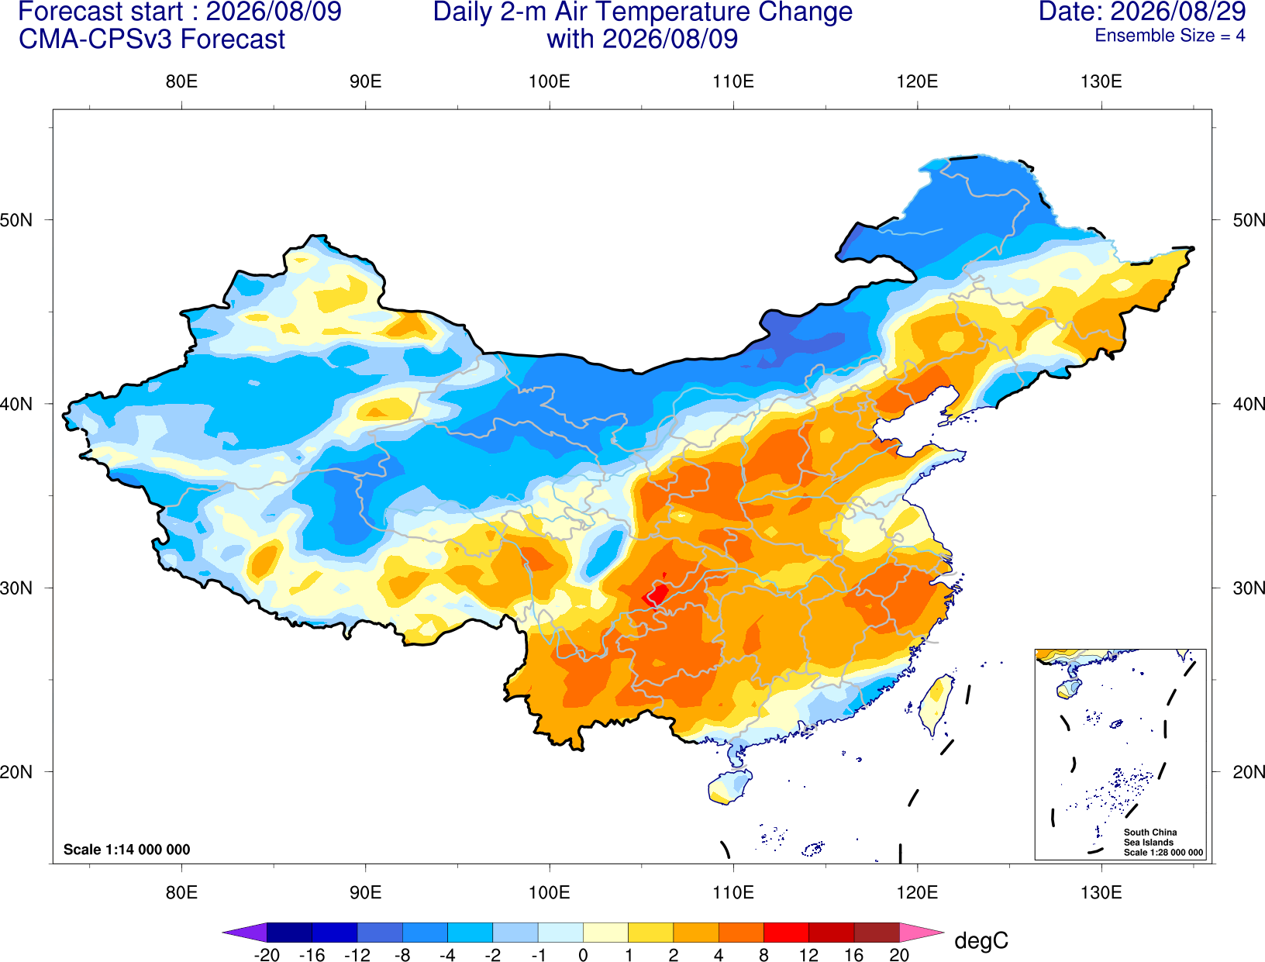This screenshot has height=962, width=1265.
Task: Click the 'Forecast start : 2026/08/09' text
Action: coord(180,12)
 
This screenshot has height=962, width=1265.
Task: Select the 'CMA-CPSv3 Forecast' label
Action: coord(152,40)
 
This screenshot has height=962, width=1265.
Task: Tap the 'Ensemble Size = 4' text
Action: coord(1170,36)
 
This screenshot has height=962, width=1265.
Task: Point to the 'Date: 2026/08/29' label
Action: coord(1143,12)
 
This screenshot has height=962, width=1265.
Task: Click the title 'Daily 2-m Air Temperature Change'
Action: coord(643,12)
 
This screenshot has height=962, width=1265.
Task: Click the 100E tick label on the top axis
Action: coord(550,81)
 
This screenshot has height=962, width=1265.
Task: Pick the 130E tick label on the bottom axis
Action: coord(1101,893)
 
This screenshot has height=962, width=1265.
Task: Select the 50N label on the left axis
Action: coord(16,219)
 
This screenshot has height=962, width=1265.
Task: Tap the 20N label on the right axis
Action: coord(1248,772)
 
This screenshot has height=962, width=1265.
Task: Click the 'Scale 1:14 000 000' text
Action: coord(127,850)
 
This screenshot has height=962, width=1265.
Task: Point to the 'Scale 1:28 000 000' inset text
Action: coord(1163,853)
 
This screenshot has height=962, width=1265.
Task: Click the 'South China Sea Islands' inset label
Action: coord(1150,837)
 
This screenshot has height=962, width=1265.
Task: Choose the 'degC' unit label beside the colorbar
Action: coord(981,940)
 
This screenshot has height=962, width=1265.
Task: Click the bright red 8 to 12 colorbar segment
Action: coord(786,932)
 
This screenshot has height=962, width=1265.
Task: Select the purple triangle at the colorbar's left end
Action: coord(244,932)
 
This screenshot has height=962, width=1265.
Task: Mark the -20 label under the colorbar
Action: coord(267,955)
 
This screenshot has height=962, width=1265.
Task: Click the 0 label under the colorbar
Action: coord(583,955)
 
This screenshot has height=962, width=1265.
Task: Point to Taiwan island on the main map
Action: coord(935,704)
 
